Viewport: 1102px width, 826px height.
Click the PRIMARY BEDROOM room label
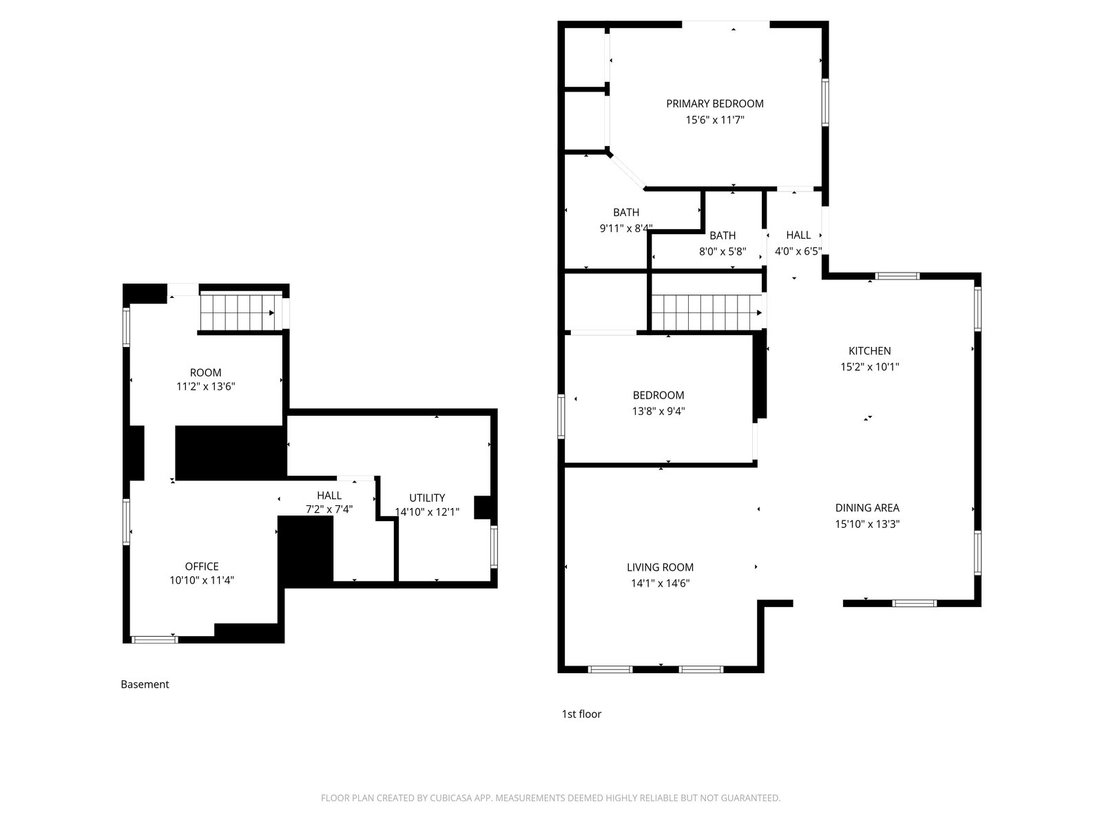[x=714, y=104]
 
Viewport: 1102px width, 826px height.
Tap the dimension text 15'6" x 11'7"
[x=714, y=120]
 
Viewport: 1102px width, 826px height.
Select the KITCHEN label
[x=870, y=351]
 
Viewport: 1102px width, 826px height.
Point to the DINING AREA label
[x=867, y=507]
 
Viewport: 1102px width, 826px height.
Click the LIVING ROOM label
[x=660, y=567]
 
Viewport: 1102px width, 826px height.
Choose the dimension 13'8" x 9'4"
[x=658, y=411]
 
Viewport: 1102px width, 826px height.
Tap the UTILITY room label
[x=427, y=498]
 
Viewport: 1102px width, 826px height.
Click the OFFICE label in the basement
[x=202, y=566]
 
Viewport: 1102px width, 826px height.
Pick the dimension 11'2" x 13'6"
[x=205, y=387]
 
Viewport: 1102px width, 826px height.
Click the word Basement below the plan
[x=145, y=684]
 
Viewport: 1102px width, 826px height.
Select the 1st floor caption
[x=581, y=714]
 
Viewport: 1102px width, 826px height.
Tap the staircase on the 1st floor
[x=706, y=313]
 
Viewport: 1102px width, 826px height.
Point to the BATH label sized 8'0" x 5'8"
[x=722, y=235]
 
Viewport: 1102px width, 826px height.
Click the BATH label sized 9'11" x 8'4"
[x=626, y=213]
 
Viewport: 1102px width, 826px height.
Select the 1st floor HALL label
[x=798, y=235]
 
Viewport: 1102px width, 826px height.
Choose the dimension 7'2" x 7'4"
[x=329, y=509]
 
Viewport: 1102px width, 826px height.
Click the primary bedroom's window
[x=824, y=103]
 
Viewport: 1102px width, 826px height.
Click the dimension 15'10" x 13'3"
[x=867, y=524]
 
